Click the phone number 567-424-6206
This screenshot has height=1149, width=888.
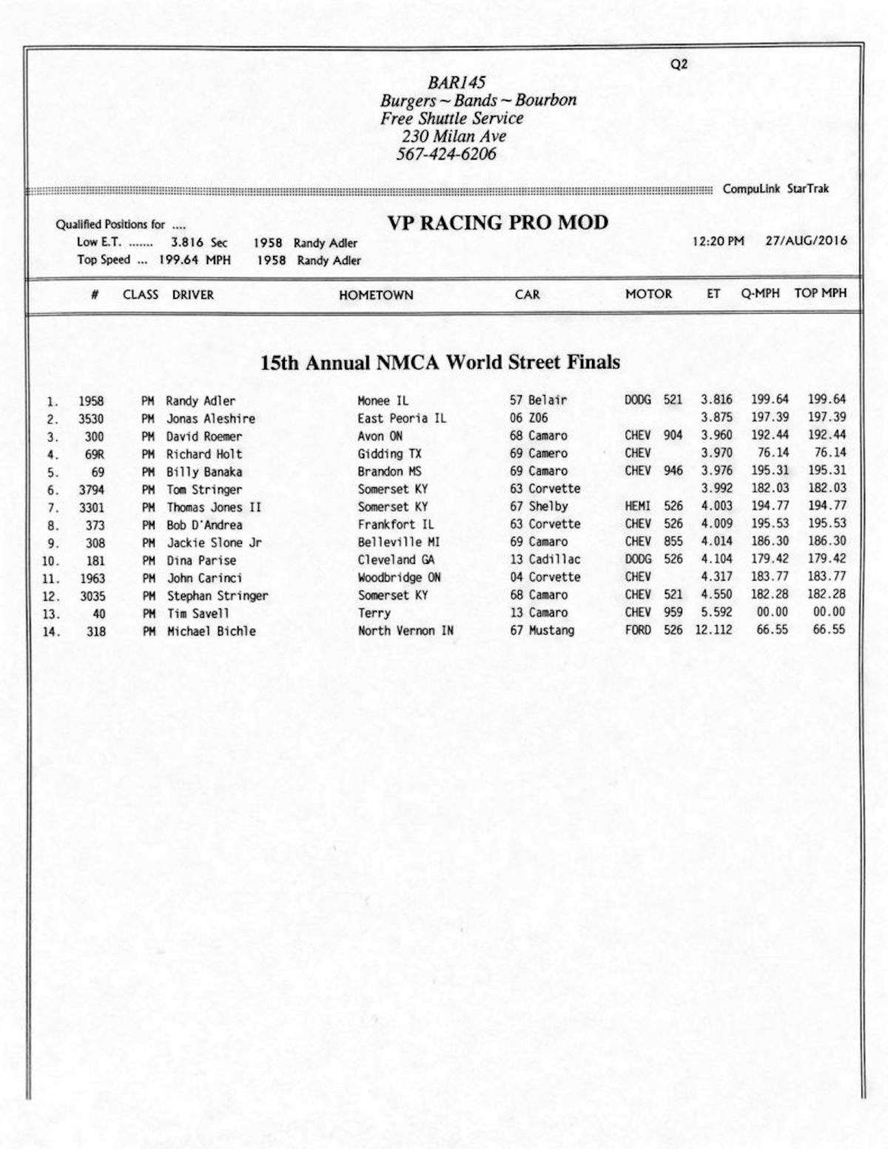[446, 155]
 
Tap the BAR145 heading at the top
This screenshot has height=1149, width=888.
[457, 82]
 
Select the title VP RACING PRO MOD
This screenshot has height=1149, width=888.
[497, 223]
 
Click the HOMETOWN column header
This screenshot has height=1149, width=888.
[376, 294]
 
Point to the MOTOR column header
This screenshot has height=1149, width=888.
[648, 294]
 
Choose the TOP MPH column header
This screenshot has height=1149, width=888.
[820, 293]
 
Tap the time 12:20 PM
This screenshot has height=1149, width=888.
[718, 241]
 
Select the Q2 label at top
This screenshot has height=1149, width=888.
[679, 64]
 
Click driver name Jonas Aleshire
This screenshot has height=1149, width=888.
[210, 419]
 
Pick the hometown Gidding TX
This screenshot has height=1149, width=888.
[389, 454]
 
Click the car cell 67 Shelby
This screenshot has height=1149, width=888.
[539, 507]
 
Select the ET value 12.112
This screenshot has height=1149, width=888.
[713, 630]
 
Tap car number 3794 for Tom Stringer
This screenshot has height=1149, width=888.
[92, 490]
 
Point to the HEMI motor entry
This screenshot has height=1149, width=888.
[637, 506]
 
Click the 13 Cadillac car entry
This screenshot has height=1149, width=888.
[545, 559]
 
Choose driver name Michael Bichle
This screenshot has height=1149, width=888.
[211, 631]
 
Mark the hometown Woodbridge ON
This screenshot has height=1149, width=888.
[399, 578]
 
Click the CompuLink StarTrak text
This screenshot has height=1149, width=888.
[776, 189]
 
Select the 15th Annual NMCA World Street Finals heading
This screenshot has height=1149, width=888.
[440, 363]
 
